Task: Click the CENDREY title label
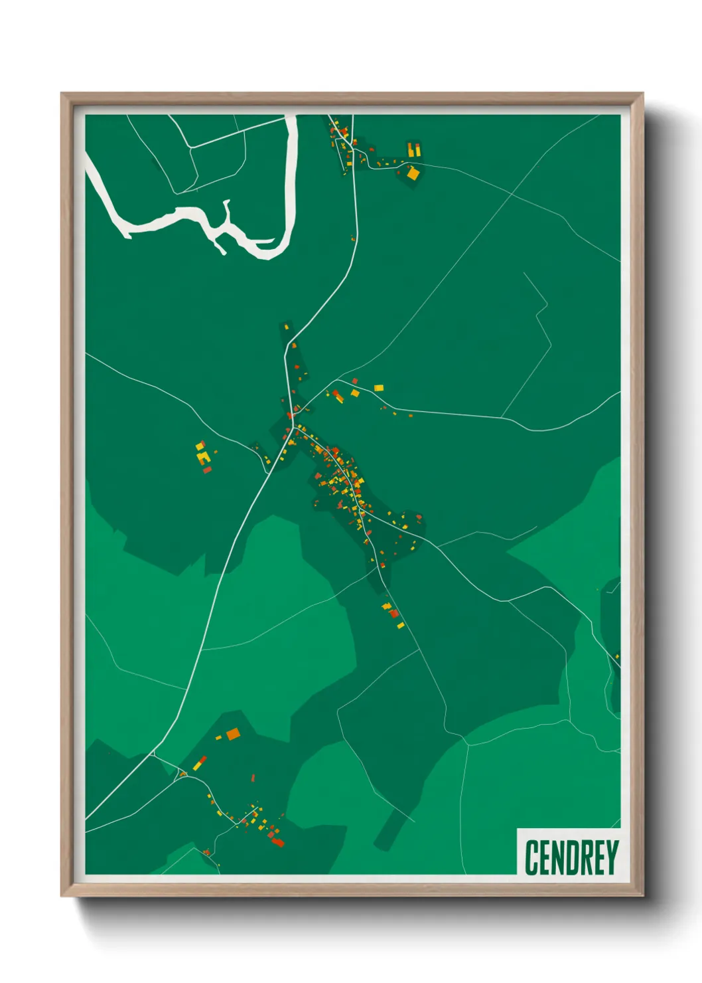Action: coord(571,857)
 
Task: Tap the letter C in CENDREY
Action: coord(531,857)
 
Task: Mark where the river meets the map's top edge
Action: coord(291,118)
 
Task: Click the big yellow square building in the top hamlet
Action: coord(413,174)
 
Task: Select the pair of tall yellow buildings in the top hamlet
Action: coord(413,150)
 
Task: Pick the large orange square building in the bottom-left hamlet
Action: coord(233,734)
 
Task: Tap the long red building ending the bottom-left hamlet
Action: coord(277,842)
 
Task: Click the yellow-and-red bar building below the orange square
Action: coord(200,762)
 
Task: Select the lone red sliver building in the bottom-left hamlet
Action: coord(253,778)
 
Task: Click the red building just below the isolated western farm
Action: coord(207,470)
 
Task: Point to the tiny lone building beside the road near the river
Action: coord(353,238)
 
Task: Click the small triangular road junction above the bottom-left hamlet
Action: coord(154,753)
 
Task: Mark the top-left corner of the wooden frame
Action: coord(62,94)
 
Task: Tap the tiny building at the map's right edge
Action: coord(616,657)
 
